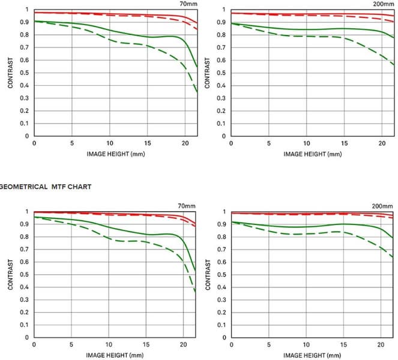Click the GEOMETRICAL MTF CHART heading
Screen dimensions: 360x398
tap(46, 187)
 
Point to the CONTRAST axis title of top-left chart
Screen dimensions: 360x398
tap(11, 73)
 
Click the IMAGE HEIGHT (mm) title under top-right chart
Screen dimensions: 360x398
tap(312, 154)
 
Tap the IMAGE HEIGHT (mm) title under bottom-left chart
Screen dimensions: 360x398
tap(115, 355)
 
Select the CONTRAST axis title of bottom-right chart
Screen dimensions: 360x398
tap(208, 275)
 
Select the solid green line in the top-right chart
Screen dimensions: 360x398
tap(306, 29)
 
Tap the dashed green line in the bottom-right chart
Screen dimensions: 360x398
tap(306, 233)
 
